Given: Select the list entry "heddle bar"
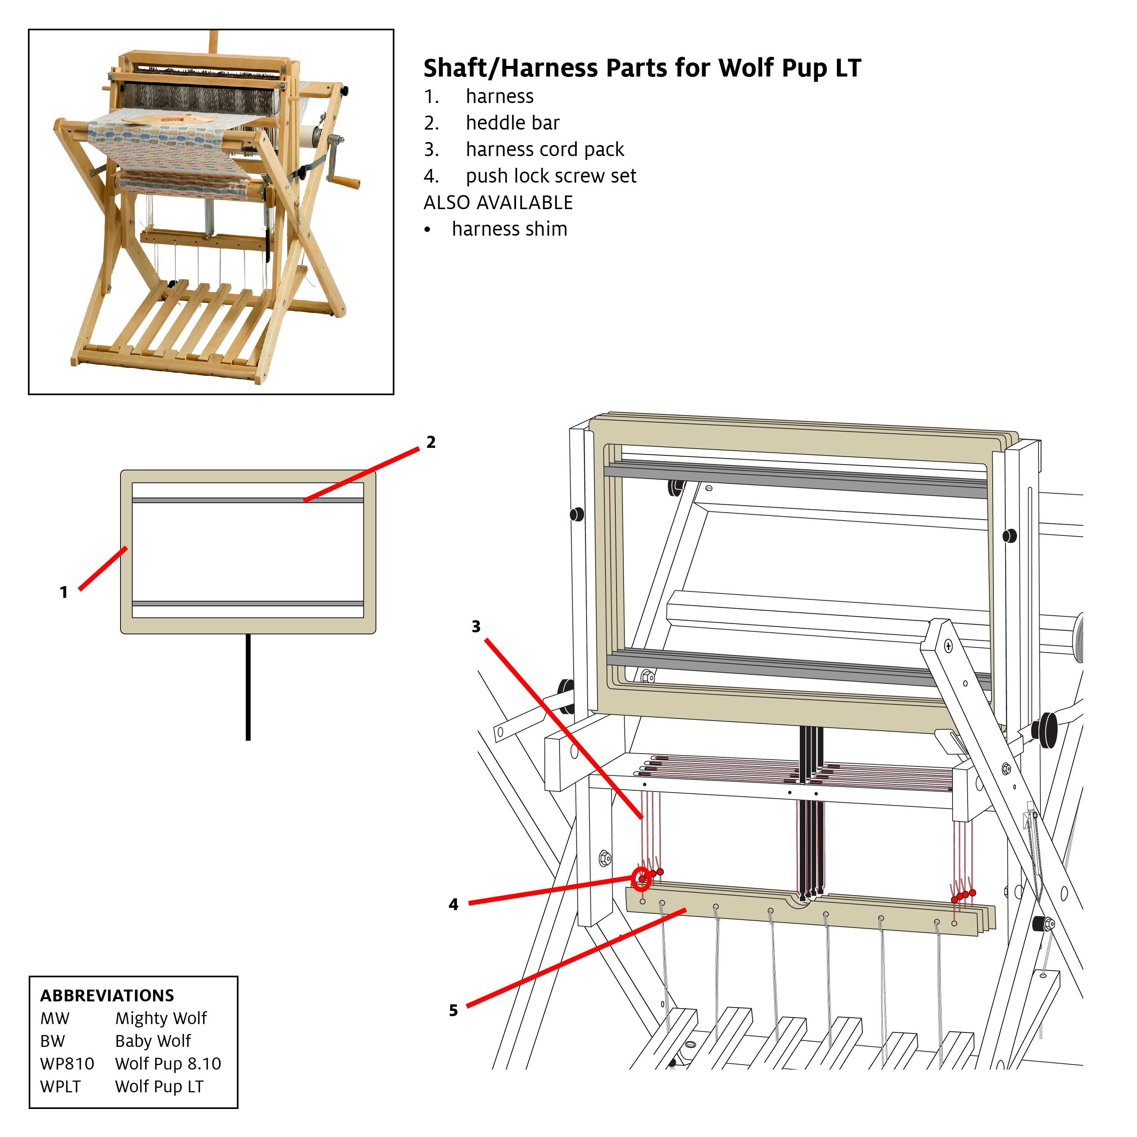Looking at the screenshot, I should [x=512, y=123].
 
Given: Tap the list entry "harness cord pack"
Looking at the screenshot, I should [x=544, y=150].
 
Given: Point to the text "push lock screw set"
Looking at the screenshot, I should [x=551, y=176].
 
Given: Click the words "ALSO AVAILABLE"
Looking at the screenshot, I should [x=498, y=202].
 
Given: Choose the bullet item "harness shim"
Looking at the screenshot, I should [x=509, y=229].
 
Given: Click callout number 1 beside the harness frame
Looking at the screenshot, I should [x=64, y=592].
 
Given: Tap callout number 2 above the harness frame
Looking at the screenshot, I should [x=431, y=442].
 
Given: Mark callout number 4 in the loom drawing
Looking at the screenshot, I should [x=453, y=904].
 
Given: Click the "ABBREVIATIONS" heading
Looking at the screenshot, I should [x=107, y=995].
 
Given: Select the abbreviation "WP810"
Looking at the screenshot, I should [x=67, y=1063].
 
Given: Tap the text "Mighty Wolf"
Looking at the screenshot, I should [x=161, y=1018].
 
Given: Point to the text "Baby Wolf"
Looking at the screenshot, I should [x=153, y=1041].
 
